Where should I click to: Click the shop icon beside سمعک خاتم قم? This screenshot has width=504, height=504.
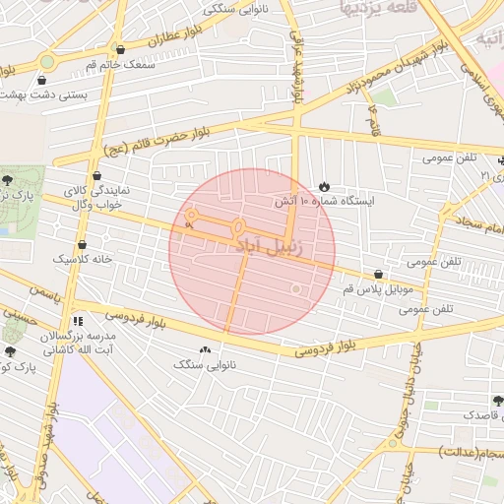[x=120, y=49]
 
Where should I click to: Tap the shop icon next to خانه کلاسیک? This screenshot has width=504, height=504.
[x=81, y=244]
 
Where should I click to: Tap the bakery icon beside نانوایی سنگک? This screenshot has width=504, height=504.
[x=205, y=350]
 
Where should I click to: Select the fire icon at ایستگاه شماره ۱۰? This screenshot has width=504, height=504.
[x=325, y=186]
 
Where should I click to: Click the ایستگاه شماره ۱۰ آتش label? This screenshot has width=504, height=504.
[x=339, y=200]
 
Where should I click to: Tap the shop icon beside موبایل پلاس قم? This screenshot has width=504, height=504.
[x=379, y=275]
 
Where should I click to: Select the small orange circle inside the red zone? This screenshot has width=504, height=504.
[x=295, y=288]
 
